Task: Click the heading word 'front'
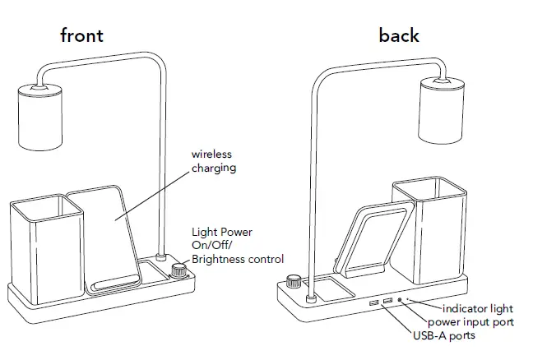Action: pyautogui.click(x=81, y=35)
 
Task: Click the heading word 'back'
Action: pyautogui.click(x=399, y=35)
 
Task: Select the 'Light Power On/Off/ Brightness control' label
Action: pyautogui.click(x=237, y=246)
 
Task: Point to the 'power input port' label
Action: pyautogui.click(x=470, y=321)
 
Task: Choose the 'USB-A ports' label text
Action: pyautogui.click(x=443, y=335)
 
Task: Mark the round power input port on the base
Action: pyautogui.click(x=400, y=301)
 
